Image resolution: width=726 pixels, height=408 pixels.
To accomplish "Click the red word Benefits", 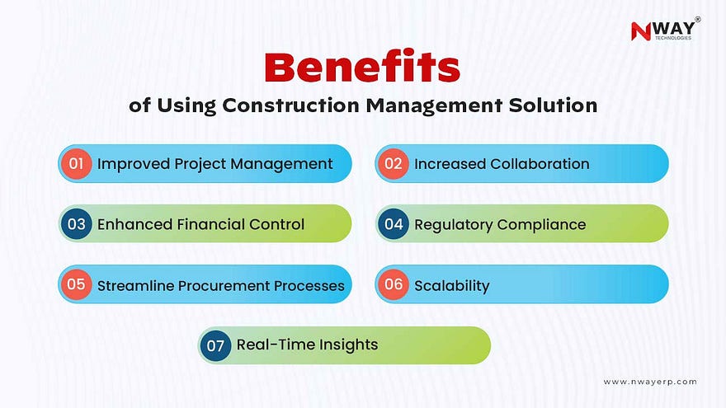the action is [362, 67].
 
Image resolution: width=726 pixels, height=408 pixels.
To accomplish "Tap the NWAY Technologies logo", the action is [665, 30].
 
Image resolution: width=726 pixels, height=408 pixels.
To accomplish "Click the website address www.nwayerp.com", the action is [650, 382].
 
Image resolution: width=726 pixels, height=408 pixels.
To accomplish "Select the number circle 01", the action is [76, 164].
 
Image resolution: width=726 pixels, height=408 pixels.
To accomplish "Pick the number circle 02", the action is [393, 164].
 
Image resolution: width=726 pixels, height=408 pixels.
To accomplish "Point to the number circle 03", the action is [77, 224].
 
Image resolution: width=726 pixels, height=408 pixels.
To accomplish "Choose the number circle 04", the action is [394, 224].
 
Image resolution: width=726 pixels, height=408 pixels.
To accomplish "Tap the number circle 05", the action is [76, 284].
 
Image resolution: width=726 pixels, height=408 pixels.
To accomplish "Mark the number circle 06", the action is [394, 284].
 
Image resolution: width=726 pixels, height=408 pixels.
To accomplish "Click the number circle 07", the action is [215, 345].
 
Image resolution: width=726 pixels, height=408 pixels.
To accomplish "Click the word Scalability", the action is [451, 286].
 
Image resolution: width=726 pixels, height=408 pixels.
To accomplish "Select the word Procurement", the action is [224, 286].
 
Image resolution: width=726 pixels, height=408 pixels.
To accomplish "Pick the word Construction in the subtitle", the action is [290, 105].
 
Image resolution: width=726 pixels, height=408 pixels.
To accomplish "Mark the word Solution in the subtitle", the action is [553, 105].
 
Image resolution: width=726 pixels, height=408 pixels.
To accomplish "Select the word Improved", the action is [134, 164].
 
